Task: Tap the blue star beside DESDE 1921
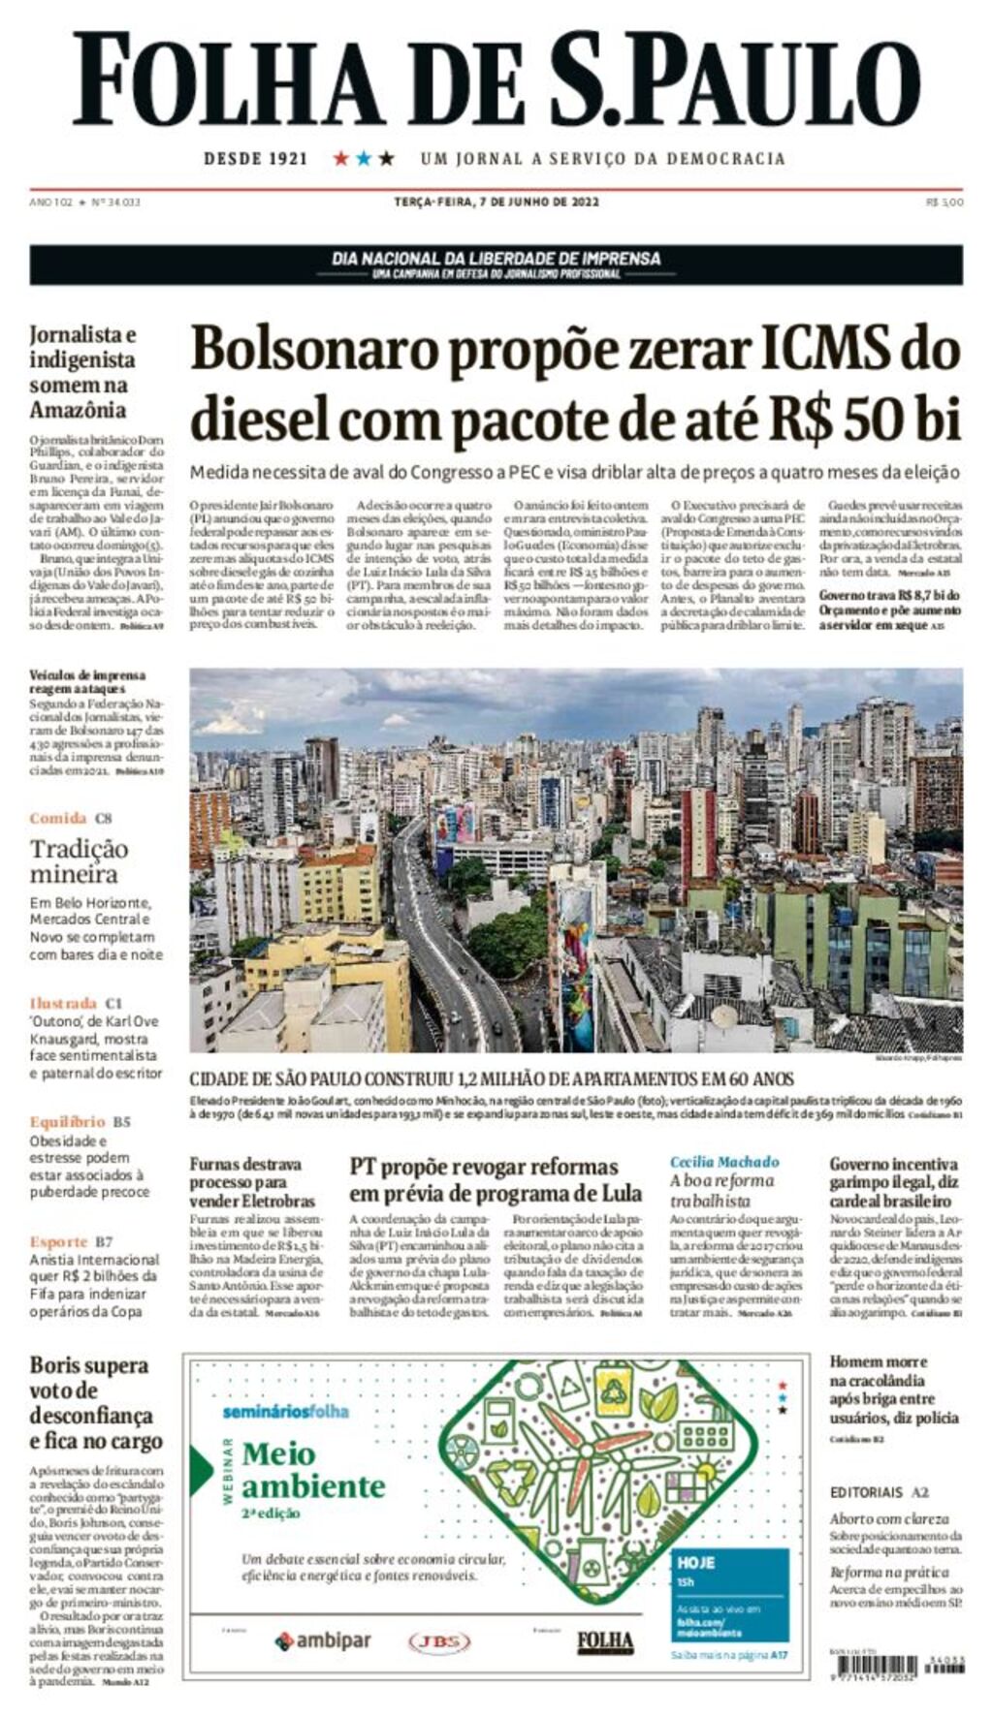tap(364, 158)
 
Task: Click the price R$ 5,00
tap(945, 203)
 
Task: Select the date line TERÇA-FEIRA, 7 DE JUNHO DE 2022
tap(496, 203)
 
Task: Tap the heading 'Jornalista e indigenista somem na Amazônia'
tap(83, 372)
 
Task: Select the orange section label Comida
tap(58, 818)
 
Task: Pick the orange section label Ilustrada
tap(63, 1003)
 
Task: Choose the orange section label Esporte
tap(58, 1241)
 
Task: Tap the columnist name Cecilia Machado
tap(723, 1162)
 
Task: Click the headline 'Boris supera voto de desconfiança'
tap(95, 1403)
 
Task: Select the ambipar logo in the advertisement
tap(323, 1640)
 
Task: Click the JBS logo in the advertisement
tap(439, 1641)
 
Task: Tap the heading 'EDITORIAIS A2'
tap(879, 1492)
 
